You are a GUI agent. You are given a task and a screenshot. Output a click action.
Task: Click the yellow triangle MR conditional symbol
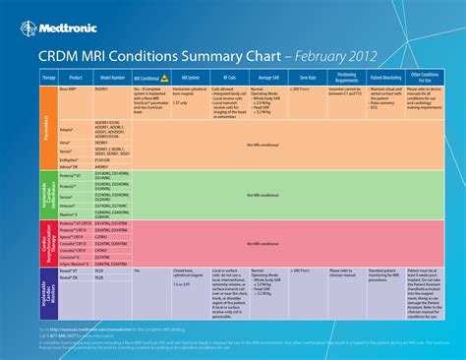pos(165,75)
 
